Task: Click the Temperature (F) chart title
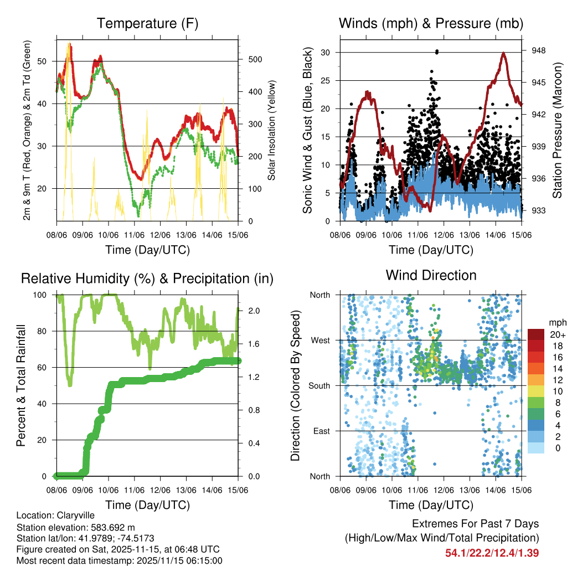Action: [147, 24]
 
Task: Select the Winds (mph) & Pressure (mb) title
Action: [431, 24]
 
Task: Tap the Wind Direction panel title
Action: [431, 275]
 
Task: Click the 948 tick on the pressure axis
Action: [539, 50]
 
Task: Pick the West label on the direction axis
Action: [320, 340]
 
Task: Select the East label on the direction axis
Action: [321, 431]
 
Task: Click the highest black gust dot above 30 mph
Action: [437, 51]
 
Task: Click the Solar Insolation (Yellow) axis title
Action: [271, 131]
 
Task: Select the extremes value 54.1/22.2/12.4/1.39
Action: [492, 553]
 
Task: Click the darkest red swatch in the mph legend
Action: [536, 334]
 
